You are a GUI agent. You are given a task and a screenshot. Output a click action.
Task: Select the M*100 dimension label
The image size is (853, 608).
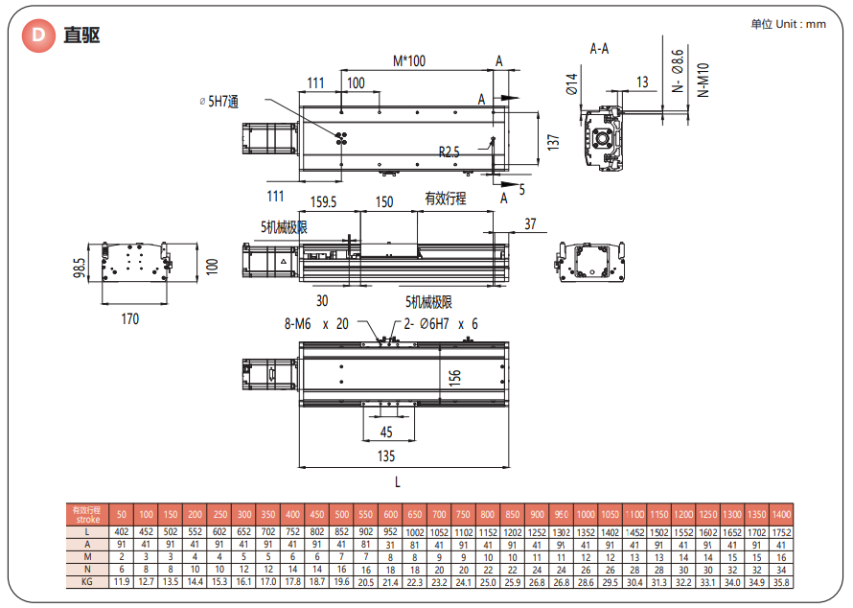(409, 61)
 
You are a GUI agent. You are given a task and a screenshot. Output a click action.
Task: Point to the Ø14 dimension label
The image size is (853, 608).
(571, 84)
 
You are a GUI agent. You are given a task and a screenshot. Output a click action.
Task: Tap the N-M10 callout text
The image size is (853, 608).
(703, 82)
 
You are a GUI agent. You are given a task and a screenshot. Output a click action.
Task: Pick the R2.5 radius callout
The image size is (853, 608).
(449, 152)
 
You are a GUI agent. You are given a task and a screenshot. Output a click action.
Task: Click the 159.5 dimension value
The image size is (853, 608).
(325, 202)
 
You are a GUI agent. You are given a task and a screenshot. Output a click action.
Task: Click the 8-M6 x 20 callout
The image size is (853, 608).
(316, 324)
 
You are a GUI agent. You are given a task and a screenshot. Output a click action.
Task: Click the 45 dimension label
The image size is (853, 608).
(386, 433)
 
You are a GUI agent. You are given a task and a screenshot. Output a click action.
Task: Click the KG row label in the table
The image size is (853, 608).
(86, 581)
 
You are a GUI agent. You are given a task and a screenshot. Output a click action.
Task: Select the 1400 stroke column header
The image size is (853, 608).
(781, 515)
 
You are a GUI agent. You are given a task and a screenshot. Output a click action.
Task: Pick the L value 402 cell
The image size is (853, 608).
(122, 532)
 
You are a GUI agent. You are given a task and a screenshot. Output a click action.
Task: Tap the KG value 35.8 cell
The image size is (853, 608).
(781, 581)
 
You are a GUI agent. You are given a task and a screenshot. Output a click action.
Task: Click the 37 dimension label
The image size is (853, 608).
(530, 225)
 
